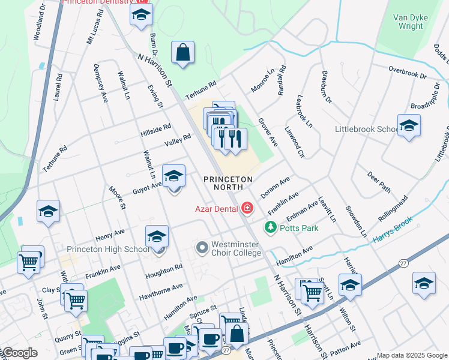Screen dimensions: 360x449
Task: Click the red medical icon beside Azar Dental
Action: click(247, 209)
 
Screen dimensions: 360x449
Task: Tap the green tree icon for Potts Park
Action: click(271, 228)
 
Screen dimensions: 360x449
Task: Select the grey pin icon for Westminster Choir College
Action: click(202, 247)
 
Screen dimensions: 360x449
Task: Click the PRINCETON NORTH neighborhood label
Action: click(228, 183)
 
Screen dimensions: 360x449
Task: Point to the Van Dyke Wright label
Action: click(411, 22)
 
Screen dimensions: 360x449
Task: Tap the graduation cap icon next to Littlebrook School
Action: click(409, 126)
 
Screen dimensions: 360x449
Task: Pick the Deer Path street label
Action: click(379, 182)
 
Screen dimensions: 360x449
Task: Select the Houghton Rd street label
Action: click(164, 272)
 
